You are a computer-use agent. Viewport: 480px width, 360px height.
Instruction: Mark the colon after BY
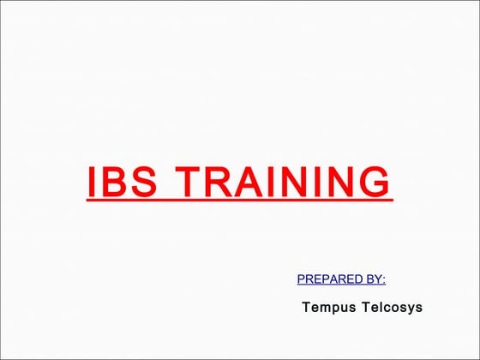point(384,279)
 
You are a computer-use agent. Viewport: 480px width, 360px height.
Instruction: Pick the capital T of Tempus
point(306,307)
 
